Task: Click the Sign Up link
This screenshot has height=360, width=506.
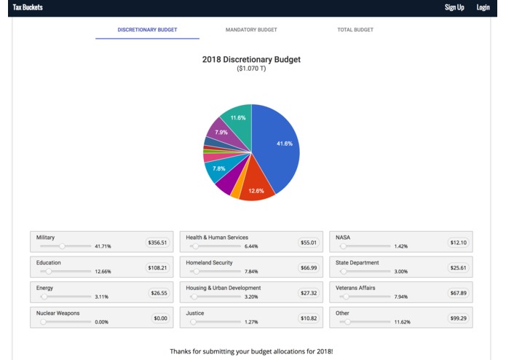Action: (x=454, y=7)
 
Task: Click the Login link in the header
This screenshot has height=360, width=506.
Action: (x=483, y=7)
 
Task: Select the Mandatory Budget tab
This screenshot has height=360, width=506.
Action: (x=251, y=30)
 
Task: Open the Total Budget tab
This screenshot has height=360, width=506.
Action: (x=355, y=30)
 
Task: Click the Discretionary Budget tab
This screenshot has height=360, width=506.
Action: (x=147, y=30)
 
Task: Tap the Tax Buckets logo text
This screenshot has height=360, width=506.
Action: (x=28, y=7)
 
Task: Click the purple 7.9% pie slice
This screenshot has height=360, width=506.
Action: (x=219, y=133)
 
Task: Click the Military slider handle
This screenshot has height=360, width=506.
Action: (x=63, y=246)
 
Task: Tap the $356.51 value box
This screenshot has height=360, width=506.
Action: (x=157, y=243)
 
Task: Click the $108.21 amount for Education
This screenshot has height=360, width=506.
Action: (x=157, y=267)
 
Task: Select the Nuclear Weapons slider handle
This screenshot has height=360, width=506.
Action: (x=43, y=322)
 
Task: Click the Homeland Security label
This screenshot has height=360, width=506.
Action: (x=209, y=262)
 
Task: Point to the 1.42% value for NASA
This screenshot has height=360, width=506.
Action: (x=400, y=246)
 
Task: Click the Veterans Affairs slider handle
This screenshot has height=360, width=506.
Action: (x=347, y=297)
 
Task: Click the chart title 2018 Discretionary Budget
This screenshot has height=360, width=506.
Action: (x=251, y=60)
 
